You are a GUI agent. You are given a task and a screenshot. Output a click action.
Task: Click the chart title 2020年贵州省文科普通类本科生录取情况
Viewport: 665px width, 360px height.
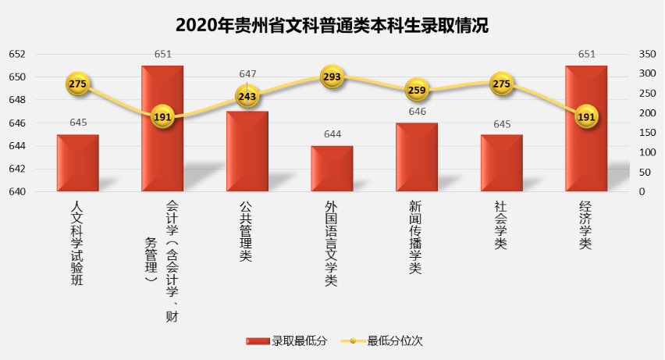point(332,24)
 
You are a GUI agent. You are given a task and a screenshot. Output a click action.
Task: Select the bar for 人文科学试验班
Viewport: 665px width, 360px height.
point(78,163)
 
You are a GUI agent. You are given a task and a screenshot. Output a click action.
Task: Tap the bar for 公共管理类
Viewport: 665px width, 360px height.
point(247,151)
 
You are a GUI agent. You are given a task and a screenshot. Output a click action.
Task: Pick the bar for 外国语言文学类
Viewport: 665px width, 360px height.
point(332,169)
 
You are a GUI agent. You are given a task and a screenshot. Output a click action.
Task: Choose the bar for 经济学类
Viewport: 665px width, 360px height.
point(586,129)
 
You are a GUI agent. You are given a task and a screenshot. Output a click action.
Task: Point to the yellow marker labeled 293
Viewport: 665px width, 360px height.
point(332,77)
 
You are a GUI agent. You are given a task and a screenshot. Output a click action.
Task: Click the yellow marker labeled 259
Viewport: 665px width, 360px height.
point(417,90)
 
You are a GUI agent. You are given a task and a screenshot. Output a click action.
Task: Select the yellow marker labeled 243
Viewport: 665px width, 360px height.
point(247,96)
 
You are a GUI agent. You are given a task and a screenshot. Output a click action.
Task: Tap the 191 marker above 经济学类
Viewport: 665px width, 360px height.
point(586,117)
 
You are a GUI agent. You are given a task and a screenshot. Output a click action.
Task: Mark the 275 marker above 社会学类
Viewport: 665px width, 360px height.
point(501,84)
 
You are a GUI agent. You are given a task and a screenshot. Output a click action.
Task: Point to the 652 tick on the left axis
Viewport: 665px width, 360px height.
point(17,54)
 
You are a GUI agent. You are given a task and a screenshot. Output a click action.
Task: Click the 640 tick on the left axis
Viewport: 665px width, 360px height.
point(17,191)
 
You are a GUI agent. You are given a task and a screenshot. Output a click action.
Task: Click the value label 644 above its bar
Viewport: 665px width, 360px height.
point(332,134)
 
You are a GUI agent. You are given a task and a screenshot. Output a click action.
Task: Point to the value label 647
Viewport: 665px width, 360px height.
point(247,73)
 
